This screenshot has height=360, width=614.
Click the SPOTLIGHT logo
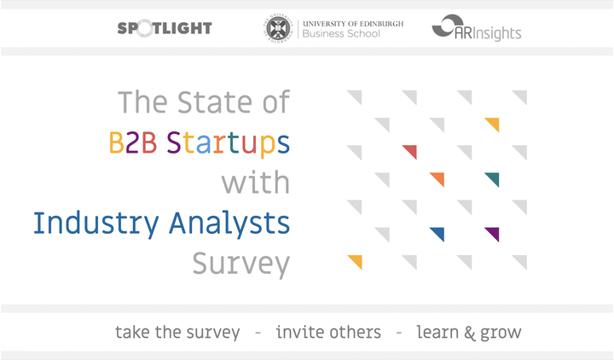point(165,28)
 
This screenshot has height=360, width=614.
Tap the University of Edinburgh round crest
point(278,28)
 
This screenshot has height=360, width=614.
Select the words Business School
point(341,33)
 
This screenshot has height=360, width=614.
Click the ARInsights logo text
point(488,33)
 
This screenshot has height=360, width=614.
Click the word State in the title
point(215,102)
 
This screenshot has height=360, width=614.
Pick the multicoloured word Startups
point(229,144)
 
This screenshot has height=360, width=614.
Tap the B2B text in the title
point(133,142)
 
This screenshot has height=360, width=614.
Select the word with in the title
point(256,183)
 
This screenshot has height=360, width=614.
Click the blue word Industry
point(96,224)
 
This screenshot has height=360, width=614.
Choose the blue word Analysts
point(229,224)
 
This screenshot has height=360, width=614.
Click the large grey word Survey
point(240,264)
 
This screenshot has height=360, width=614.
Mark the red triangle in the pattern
point(412,151)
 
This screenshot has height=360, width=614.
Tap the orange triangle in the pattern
point(439,178)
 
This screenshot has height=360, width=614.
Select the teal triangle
point(494,178)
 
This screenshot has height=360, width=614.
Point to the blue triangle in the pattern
point(439,233)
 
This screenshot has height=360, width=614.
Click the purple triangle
point(494,233)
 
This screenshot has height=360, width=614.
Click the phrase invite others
point(328,332)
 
